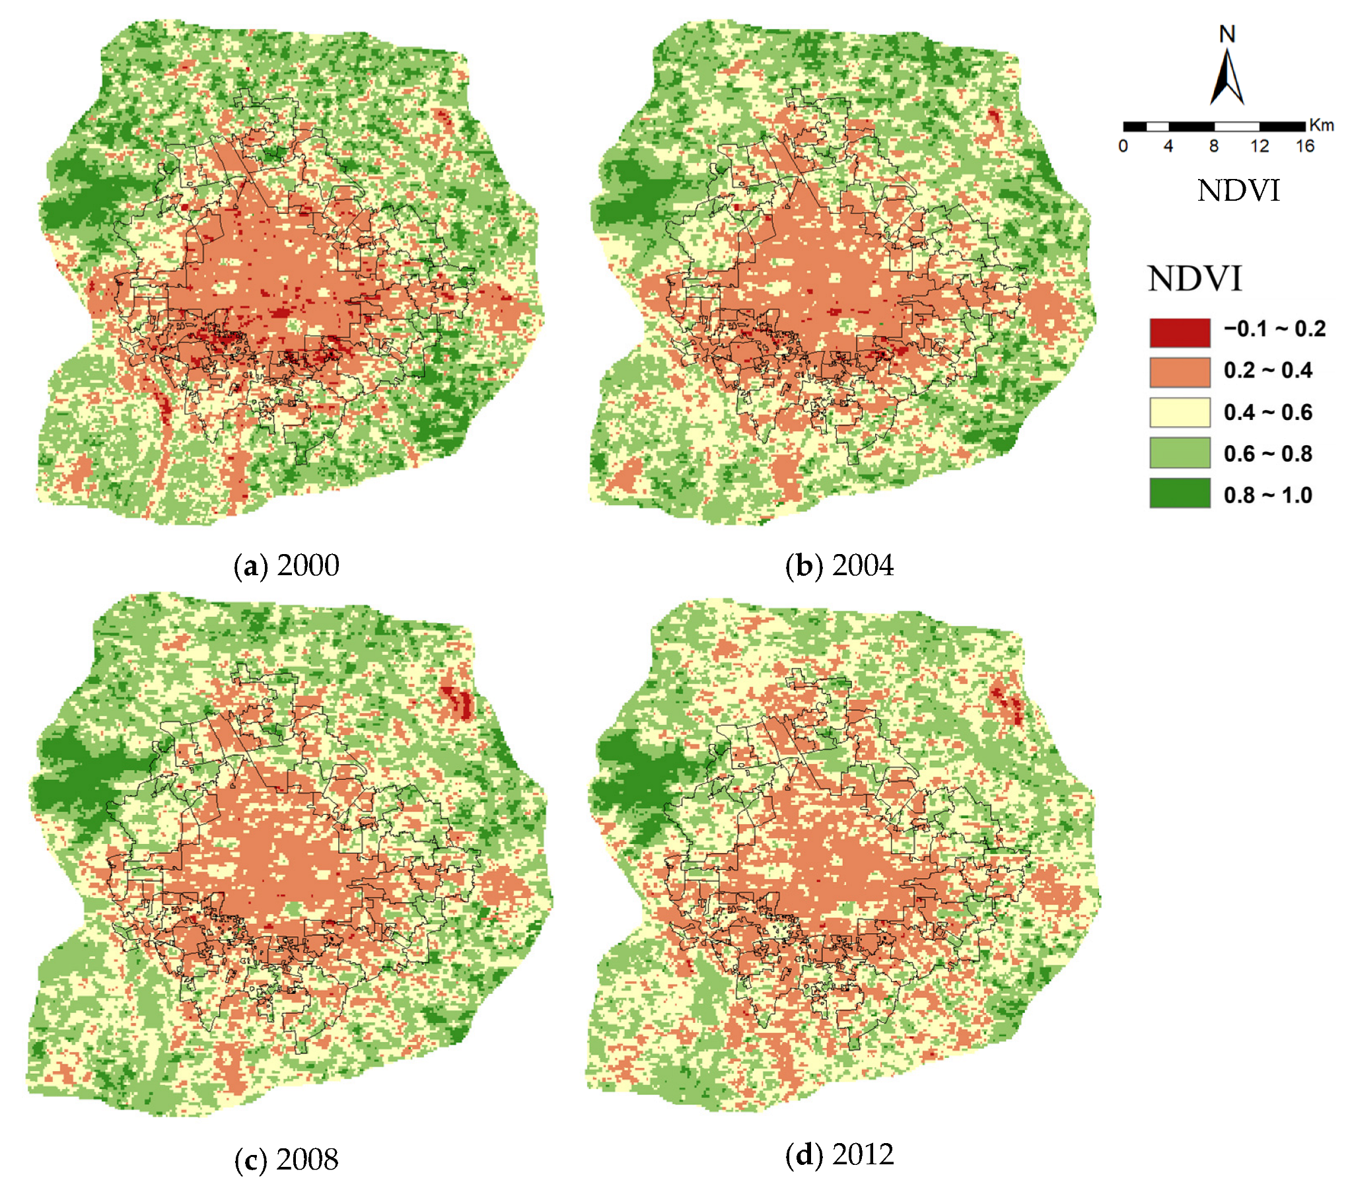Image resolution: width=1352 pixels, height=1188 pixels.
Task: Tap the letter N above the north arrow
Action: click(1227, 34)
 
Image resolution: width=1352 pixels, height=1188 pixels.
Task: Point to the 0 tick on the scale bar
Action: click(1123, 146)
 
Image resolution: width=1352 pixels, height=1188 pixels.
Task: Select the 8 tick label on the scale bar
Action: click(1214, 146)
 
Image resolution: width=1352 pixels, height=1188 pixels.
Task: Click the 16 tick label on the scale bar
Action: click(1304, 146)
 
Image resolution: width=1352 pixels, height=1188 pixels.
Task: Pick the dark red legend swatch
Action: click(1180, 333)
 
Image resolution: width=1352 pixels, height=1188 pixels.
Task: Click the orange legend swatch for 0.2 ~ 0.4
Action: click(1180, 372)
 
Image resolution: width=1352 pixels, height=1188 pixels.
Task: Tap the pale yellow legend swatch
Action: click(1180, 412)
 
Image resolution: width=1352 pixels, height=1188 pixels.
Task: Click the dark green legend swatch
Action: click(1180, 493)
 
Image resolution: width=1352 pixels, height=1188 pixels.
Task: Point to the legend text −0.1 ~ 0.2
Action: click(1274, 330)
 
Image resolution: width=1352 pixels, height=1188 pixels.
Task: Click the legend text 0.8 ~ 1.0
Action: click(1267, 495)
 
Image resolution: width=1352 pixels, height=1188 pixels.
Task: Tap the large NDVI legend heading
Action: click(1195, 279)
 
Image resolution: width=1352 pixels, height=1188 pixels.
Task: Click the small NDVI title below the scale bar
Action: click(1238, 191)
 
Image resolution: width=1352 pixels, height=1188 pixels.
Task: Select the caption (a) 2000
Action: click(287, 565)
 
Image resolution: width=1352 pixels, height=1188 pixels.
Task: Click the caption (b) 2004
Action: click(839, 565)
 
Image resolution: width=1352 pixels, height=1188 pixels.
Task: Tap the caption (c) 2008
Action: click(287, 1160)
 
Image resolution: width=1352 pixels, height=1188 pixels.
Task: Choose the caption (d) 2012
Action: click(839, 1154)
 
